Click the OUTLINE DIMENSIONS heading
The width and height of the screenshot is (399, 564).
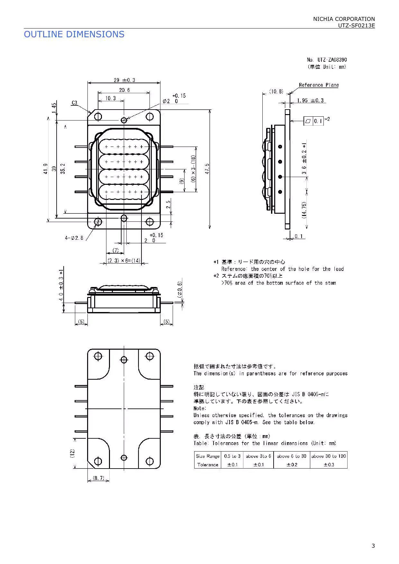click(x=74, y=34)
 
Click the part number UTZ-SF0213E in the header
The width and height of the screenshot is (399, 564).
click(x=356, y=26)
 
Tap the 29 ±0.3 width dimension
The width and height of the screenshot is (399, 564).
click(x=124, y=80)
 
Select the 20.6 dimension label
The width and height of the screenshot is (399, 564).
click(x=124, y=90)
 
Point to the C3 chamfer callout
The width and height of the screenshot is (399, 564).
click(x=74, y=103)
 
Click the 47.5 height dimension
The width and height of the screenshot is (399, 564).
click(x=207, y=169)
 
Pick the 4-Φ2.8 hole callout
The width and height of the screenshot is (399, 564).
click(x=74, y=238)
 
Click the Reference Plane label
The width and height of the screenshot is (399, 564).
click(x=318, y=85)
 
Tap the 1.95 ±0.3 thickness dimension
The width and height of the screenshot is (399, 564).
click(x=310, y=101)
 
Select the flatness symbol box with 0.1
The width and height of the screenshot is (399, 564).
click(x=313, y=121)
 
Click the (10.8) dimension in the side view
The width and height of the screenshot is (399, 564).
click(x=276, y=92)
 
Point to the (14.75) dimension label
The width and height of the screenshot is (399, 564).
click(x=304, y=210)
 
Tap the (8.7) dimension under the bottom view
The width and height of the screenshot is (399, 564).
click(x=98, y=478)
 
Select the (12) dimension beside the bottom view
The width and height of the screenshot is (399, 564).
click(x=72, y=453)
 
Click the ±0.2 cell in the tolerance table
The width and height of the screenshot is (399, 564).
click(x=292, y=465)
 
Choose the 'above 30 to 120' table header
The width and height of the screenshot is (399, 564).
click(x=328, y=456)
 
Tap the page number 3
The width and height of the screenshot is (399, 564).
click(x=373, y=546)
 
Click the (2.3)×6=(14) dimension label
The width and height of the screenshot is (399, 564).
click(x=124, y=261)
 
